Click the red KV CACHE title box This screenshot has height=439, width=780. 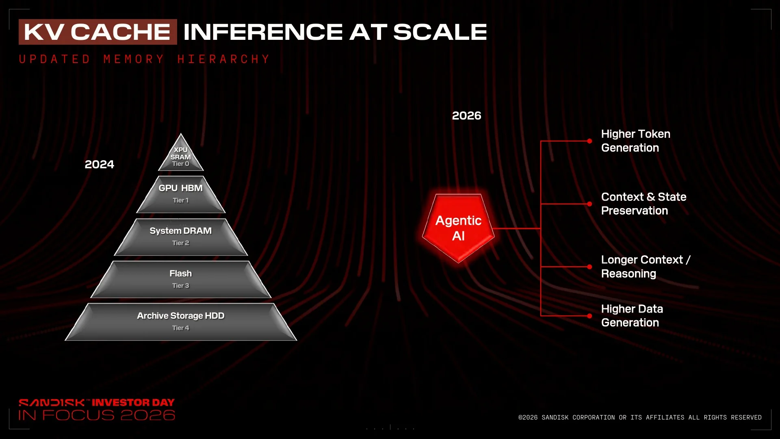98,32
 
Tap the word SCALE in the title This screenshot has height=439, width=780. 440,32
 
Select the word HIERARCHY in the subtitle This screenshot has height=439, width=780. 223,59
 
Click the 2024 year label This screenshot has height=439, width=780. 99,164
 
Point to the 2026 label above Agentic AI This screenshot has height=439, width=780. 466,115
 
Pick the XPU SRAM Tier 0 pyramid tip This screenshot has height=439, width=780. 181,154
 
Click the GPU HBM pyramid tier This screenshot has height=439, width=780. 181,194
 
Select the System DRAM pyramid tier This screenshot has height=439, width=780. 181,237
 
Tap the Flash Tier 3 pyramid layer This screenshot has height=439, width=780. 181,280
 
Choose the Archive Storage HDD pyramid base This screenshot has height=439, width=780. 181,322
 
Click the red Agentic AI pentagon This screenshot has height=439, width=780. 458,228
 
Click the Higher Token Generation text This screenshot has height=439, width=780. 635,141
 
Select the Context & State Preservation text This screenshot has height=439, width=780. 643,204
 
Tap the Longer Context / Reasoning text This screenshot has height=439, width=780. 646,267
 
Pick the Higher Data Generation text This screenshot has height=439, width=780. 632,315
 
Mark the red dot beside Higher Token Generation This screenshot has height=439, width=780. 589,141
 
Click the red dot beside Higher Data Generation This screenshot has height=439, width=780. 589,316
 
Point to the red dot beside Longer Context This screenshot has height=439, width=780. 589,267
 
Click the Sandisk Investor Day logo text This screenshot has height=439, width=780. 97,409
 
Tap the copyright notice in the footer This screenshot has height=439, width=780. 640,417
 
